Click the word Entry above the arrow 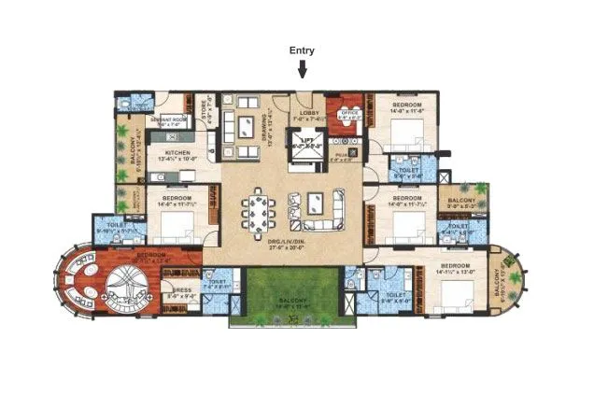click(x=303, y=50)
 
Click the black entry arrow click(x=303, y=67)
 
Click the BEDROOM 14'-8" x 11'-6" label click(x=408, y=106)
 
